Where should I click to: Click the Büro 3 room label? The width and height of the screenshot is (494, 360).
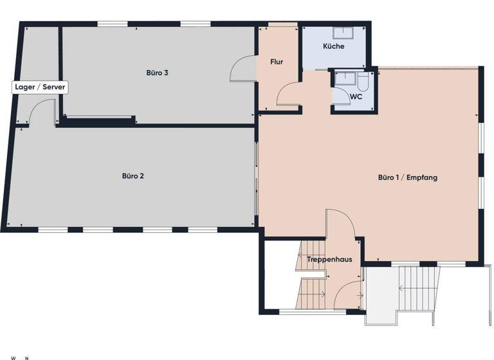(x=157, y=73)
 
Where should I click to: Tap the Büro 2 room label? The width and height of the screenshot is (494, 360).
(x=133, y=175)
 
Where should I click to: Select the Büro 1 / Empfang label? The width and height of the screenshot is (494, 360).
(x=407, y=177)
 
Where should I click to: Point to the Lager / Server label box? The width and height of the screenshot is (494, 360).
(x=40, y=87)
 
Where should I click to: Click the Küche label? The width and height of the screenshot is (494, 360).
(x=334, y=46)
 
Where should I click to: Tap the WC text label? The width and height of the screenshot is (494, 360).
(x=356, y=97)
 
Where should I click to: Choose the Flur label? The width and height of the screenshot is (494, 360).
(x=277, y=62)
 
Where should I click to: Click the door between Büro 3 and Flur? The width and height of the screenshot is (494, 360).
(x=243, y=69)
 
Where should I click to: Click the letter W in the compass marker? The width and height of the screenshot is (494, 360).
(x=13, y=357)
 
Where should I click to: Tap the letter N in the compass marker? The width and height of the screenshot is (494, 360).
(x=26, y=357)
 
